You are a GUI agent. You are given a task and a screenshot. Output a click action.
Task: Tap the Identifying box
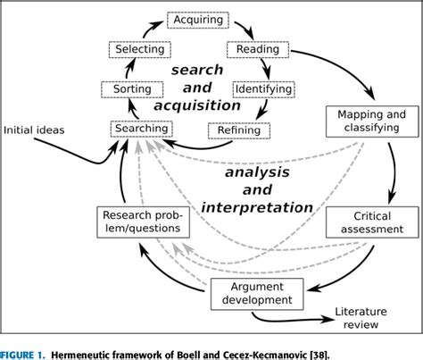click(x=263, y=89)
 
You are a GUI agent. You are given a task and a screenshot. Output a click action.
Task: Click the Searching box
click(x=140, y=129)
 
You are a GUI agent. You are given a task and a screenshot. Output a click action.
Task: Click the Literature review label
click(x=368, y=319)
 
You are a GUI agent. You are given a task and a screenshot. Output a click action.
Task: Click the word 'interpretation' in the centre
click(x=259, y=207)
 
